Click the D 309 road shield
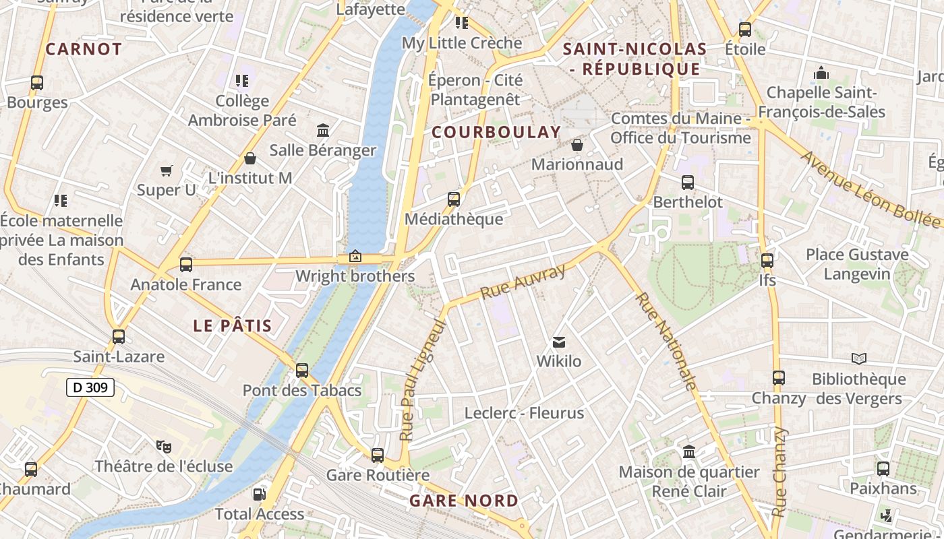90,387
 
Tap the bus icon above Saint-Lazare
119,336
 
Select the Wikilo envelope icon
559,342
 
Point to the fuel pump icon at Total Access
259,495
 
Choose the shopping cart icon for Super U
167,171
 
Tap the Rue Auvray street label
523,283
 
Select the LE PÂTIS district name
233,326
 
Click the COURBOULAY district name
496,133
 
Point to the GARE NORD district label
464,501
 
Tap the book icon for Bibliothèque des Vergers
858,359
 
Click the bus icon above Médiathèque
454,199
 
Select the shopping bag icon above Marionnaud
577,145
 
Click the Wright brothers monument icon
355,257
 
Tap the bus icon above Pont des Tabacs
302,371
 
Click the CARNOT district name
84,49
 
